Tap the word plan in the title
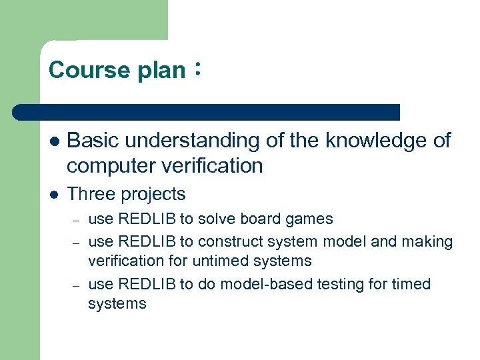[161, 70]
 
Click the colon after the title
[197, 69]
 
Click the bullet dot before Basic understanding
[54, 142]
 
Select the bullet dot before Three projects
[54, 195]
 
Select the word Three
[91, 194]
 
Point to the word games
[312, 219]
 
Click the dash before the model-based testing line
[77, 285]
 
